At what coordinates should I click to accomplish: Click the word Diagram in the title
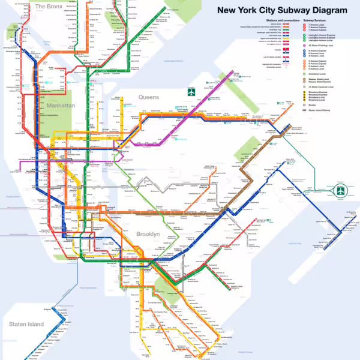328,10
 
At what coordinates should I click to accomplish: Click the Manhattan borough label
59,105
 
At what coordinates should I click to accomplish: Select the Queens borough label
148,97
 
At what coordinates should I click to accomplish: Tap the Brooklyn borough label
148,233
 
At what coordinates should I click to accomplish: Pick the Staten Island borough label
26,324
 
